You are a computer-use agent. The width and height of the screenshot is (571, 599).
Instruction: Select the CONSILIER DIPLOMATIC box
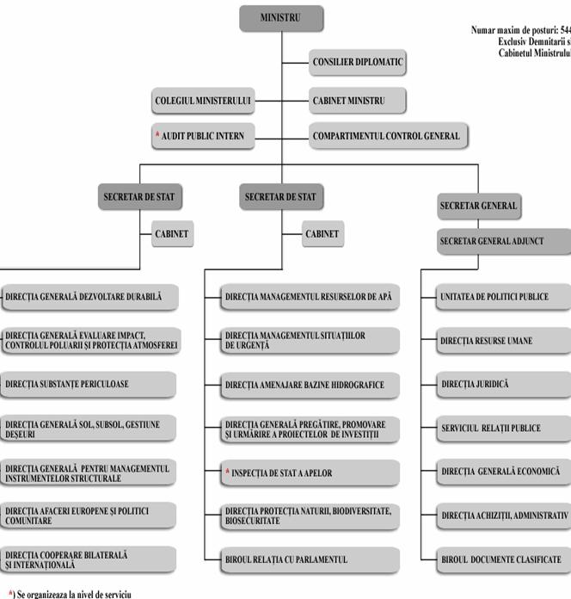[x=357, y=62]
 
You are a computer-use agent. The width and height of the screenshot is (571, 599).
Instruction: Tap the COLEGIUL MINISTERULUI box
[x=203, y=101]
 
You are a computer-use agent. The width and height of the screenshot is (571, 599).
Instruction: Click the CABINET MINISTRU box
[x=357, y=101]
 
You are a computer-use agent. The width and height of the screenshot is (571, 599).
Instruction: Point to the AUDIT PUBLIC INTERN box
[x=203, y=136]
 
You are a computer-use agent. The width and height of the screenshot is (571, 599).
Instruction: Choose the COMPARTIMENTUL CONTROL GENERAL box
[x=385, y=136]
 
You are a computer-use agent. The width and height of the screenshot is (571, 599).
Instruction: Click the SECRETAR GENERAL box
[x=478, y=207]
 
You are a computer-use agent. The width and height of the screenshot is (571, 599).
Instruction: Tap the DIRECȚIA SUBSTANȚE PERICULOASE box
[x=89, y=384]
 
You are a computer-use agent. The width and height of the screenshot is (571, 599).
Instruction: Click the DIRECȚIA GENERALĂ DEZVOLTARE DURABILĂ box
[x=89, y=297]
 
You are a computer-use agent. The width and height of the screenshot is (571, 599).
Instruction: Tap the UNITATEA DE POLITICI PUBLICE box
[x=504, y=297]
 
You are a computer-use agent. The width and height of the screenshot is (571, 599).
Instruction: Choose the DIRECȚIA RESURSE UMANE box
[x=504, y=341]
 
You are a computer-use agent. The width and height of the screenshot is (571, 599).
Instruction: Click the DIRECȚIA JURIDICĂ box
[x=504, y=384]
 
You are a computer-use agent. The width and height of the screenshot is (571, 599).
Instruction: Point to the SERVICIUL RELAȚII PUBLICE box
[x=504, y=428]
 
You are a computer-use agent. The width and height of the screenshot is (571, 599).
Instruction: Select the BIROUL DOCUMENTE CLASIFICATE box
[x=504, y=559]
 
